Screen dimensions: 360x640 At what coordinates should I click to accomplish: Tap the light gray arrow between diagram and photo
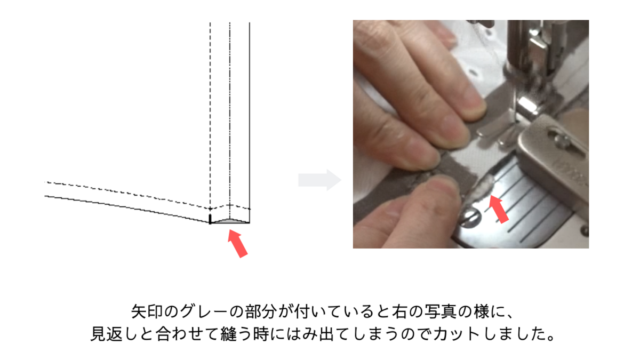pos(319,180)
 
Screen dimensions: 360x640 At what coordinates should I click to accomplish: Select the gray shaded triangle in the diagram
pos(230,220)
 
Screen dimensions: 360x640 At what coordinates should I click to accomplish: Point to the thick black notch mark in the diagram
pos(210,219)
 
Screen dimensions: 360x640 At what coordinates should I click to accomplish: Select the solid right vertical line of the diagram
pos(250,107)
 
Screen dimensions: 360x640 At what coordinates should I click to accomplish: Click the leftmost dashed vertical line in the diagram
pos(210,107)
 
